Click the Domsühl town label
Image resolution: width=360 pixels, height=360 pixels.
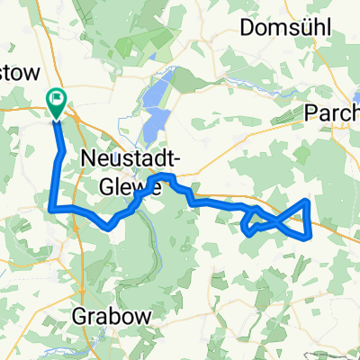click(285, 28)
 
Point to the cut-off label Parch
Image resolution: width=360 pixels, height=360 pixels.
click(333, 112)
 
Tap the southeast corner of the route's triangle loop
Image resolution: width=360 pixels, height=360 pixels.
click(310, 237)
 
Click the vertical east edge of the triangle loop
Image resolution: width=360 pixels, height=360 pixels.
click(310, 219)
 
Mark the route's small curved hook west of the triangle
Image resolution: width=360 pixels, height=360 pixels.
click(246, 229)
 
